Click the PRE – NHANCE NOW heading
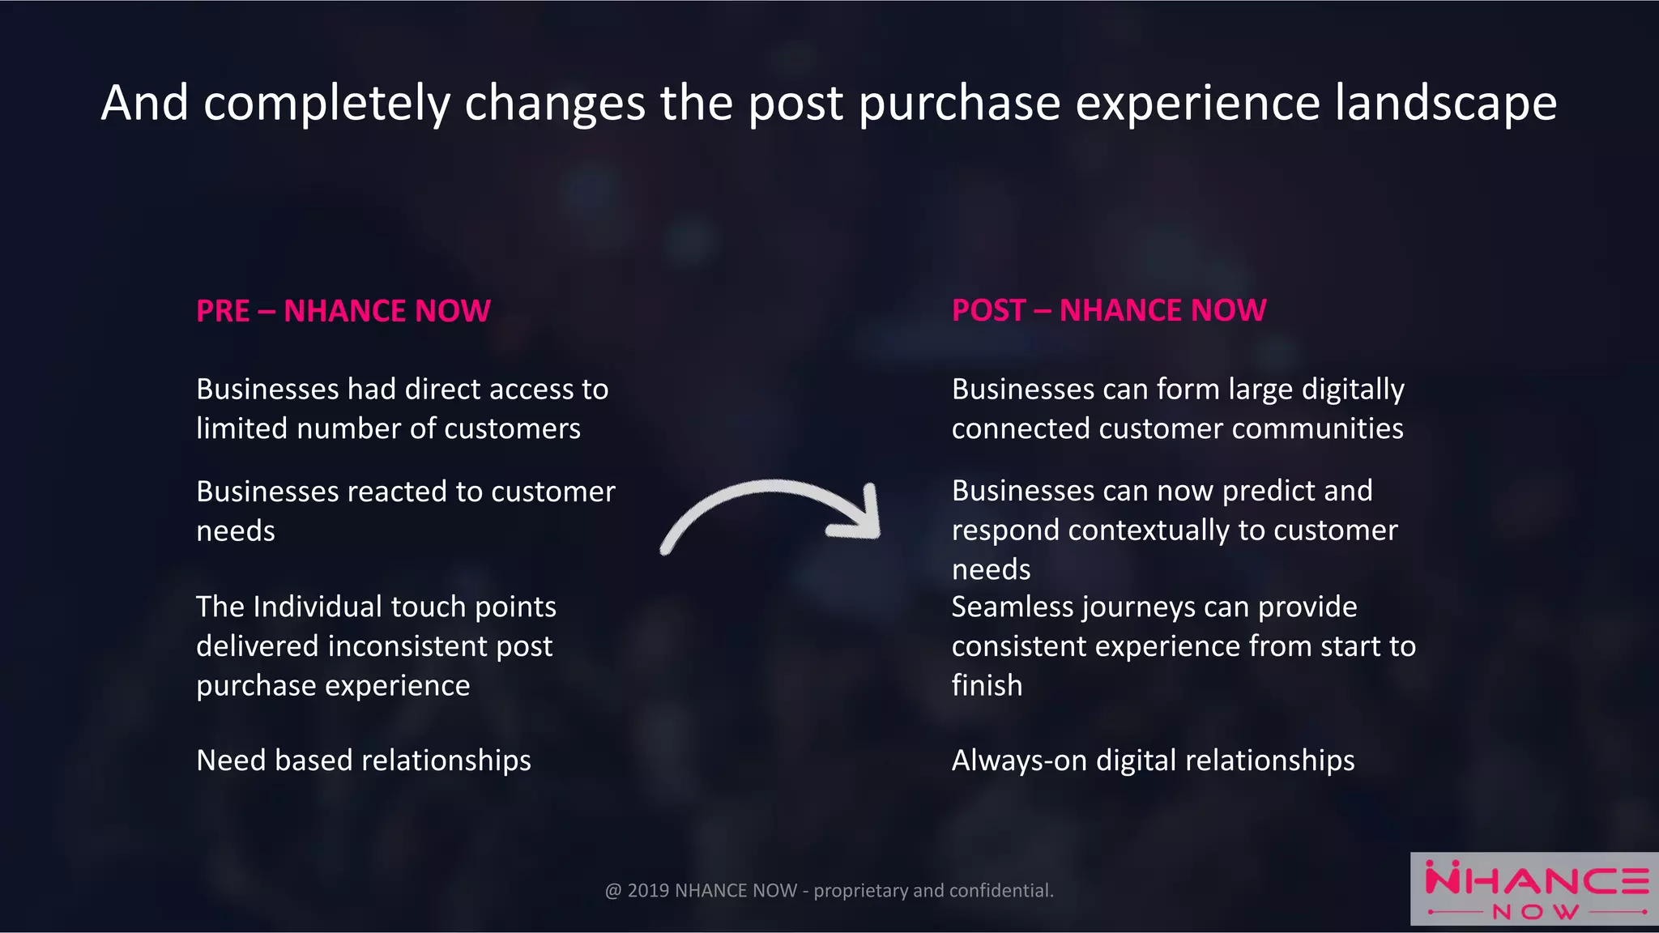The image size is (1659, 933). coord(343,311)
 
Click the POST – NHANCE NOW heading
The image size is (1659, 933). coord(1108,310)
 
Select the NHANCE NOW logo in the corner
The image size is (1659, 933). coord(1535,889)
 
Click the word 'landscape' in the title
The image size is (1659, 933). coord(1445,104)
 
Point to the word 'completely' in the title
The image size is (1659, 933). coord(326,104)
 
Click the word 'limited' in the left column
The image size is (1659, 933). coord(241,428)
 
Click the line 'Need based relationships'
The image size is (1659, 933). coord(363,760)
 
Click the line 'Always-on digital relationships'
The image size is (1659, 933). coord(1153,760)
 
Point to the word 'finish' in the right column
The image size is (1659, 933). coord(987,685)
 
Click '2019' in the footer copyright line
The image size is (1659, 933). coord(648,891)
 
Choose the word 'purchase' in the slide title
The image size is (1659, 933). coord(958,104)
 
